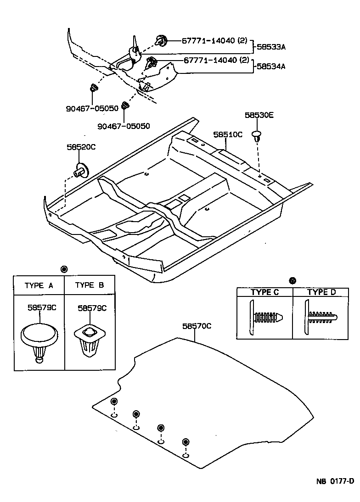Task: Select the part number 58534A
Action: [271, 67]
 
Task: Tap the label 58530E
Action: [259, 116]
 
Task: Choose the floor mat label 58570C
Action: [197, 326]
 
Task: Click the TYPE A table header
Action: [39, 285]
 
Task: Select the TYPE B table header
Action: [90, 285]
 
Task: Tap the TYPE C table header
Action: [264, 292]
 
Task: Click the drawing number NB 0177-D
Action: [335, 481]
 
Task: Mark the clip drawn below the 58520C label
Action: [81, 170]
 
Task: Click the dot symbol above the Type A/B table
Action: [64, 269]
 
